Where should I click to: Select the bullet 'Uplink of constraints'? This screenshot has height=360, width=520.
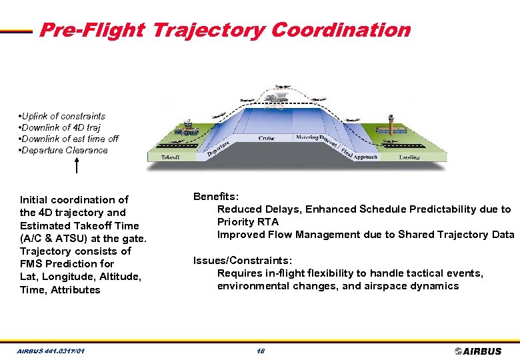click(63, 116)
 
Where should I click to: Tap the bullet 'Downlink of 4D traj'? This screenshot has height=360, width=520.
click(61, 127)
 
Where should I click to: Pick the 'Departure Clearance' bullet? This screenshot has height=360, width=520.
click(64, 150)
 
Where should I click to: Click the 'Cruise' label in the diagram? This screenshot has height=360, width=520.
click(267, 138)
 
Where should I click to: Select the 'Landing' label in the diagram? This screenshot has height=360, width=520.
click(409, 157)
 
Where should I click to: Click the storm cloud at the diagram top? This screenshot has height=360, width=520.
click(283, 99)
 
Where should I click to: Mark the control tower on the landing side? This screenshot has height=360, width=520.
click(391, 127)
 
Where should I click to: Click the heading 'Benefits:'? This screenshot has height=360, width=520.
click(216, 196)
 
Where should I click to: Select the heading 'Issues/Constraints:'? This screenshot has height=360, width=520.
click(243, 260)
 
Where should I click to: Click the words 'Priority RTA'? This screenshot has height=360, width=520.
click(248, 221)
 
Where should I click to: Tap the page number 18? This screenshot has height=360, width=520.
click(260, 351)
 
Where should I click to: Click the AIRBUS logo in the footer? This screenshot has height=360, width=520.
click(478, 351)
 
